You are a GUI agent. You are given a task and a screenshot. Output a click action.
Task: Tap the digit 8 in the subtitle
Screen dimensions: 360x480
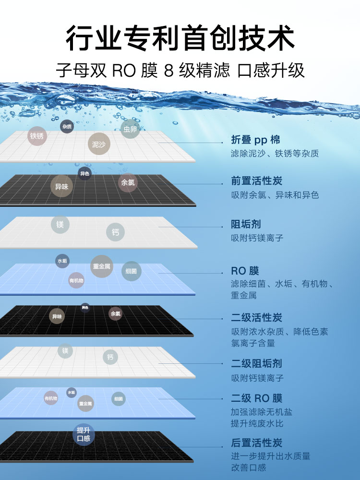click(168, 71)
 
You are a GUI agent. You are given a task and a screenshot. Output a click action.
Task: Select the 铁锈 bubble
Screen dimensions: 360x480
click(37, 136)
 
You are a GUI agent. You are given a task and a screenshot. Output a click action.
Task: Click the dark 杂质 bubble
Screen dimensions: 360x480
click(67, 127)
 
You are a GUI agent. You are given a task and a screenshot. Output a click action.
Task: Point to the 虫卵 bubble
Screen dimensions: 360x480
click(130, 129)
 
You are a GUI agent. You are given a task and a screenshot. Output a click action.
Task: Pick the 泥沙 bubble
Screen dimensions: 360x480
click(99, 144)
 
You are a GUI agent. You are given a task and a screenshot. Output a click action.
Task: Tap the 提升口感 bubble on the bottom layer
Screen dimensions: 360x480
click(84, 434)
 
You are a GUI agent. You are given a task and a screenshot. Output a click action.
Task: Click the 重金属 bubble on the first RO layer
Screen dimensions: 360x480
click(102, 266)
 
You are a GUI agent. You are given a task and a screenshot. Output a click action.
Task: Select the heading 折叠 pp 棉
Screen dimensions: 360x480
click(255, 140)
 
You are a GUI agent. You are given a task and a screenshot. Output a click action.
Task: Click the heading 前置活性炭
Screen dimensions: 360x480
click(256, 181)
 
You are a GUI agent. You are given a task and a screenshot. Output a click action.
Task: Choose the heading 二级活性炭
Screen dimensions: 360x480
click(256, 317)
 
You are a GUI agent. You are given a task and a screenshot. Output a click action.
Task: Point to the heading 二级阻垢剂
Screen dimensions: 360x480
click(256, 363)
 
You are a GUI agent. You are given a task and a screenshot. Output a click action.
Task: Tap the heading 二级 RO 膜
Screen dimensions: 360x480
click(256, 398)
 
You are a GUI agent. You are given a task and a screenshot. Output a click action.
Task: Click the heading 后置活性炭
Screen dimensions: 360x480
click(256, 443)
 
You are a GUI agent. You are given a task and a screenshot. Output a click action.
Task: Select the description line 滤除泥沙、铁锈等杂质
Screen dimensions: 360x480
click(275, 154)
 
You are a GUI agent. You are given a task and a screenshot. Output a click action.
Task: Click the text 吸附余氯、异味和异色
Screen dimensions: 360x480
click(275, 195)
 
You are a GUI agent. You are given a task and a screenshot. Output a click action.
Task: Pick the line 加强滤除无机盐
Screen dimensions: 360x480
click(261, 412)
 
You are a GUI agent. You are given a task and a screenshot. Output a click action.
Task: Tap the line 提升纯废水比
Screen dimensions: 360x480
click(257, 423)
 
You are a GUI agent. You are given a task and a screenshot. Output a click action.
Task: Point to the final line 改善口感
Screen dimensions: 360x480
click(248, 468)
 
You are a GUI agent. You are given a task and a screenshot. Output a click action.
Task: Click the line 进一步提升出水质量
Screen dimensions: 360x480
click(270, 456)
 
